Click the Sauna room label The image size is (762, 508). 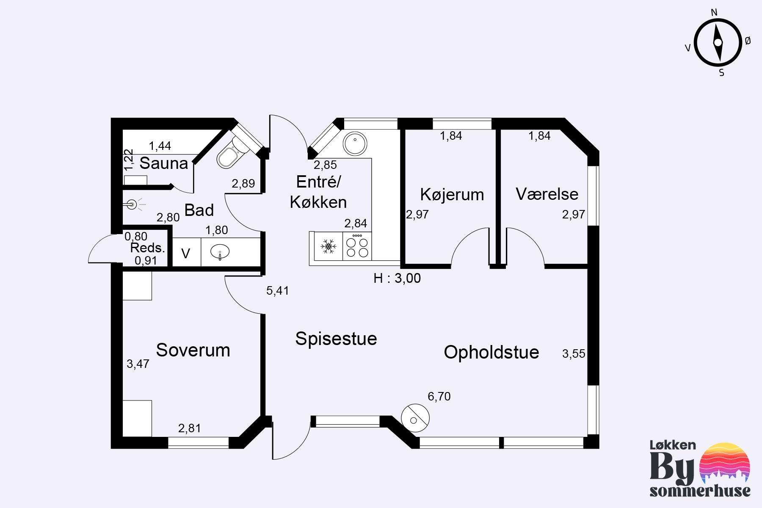pos(164,163)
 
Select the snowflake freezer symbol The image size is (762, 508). pos(328,246)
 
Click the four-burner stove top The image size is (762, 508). pos(357,246)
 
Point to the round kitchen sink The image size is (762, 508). pos(355,144)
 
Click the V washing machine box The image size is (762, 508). pos(186,253)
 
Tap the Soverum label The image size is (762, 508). pos(193,351)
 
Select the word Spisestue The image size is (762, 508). pos(336,339)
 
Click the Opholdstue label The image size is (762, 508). pos(491,352)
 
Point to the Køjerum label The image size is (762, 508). pos(452,195)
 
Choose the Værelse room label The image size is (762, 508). pos(547,194)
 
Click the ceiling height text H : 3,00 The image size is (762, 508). pos(397,278)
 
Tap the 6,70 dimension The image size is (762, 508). pos(439,397)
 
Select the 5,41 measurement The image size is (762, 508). pos(278,291)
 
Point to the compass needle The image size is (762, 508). pos(718,42)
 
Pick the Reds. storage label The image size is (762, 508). pos(147,248)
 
